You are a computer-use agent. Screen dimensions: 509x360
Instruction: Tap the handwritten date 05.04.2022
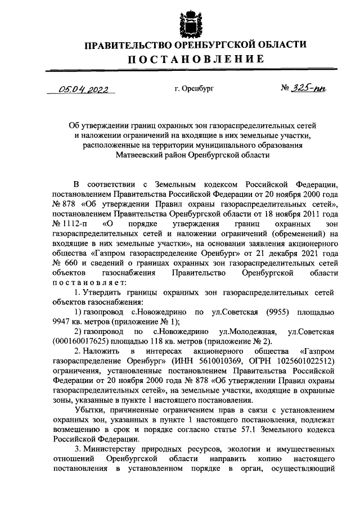85,89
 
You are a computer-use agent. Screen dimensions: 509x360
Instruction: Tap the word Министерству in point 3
114,449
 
